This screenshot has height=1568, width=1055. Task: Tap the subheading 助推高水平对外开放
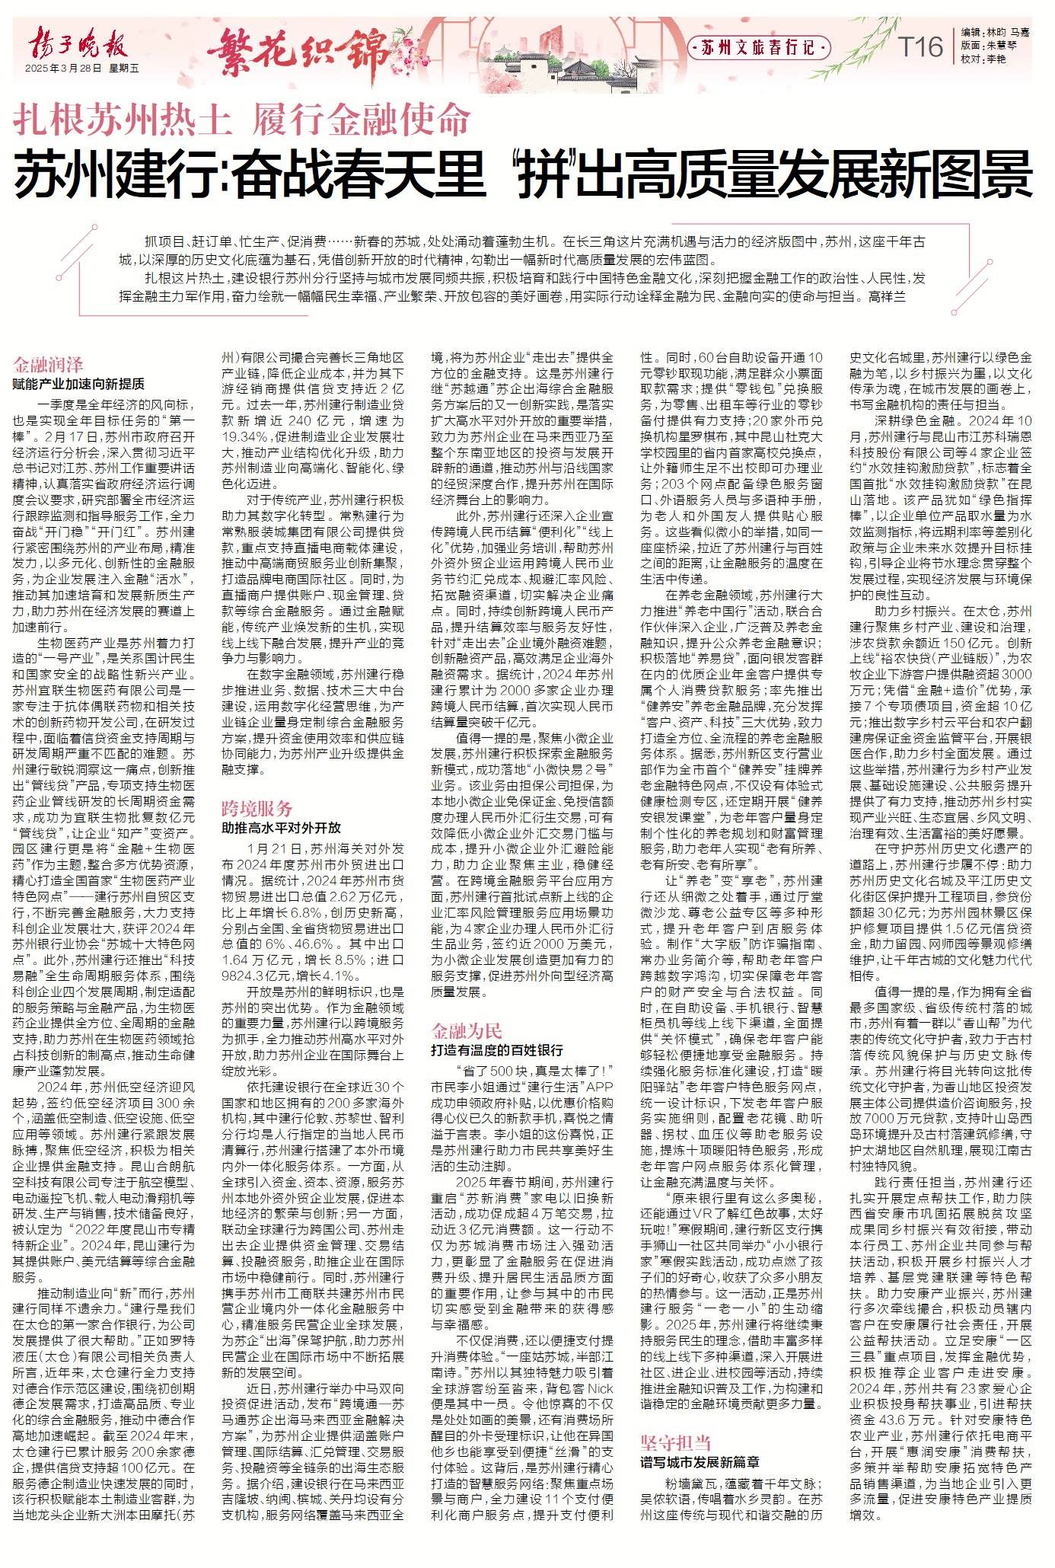pyautogui.click(x=281, y=827)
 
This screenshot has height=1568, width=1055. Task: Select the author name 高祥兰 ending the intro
pyautogui.click(x=887, y=295)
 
